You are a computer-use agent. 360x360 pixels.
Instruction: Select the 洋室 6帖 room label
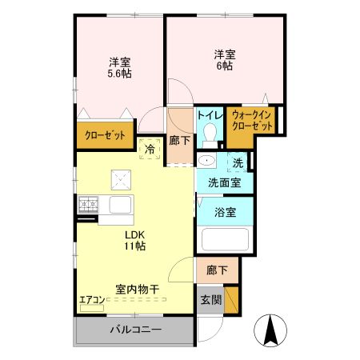click(x=224, y=61)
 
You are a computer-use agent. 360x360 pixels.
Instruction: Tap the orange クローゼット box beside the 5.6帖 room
click(x=106, y=137)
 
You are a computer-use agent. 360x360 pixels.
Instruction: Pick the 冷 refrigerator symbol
click(x=149, y=148)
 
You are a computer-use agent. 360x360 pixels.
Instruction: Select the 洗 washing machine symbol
click(x=238, y=163)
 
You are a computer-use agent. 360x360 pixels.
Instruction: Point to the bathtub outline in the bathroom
click(x=224, y=240)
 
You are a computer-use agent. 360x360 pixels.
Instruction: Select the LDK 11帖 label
click(x=134, y=241)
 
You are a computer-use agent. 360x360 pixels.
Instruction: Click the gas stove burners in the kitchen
click(x=87, y=205)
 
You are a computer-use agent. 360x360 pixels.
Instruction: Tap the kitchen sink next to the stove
click(x=121, y=206)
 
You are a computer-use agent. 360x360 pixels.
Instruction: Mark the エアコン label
click(x=92, y=300)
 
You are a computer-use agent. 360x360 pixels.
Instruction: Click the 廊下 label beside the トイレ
click(x=180, y=140)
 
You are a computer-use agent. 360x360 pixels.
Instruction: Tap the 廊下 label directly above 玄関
click(x=216, y=270)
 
